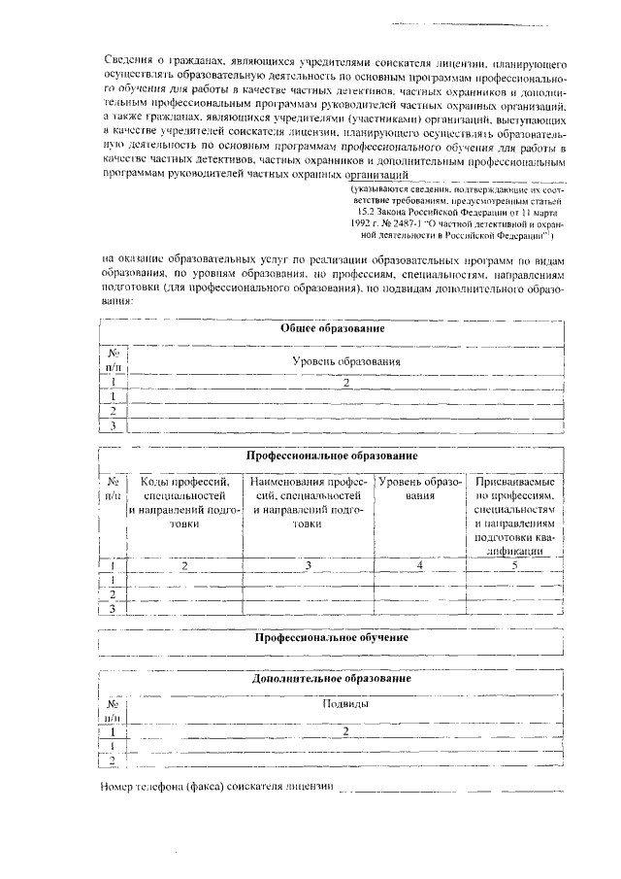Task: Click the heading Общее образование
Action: coord(333,328)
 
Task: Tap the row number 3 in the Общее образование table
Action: coord(114,425)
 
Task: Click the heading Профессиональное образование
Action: coord(332,455)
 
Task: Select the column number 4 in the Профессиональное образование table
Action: coord(419,564)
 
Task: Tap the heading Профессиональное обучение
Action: coord(332,637)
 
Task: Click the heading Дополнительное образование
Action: coord(332,678)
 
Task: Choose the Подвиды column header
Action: coord(345,704)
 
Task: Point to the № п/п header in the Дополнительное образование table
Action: coord(114,711)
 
